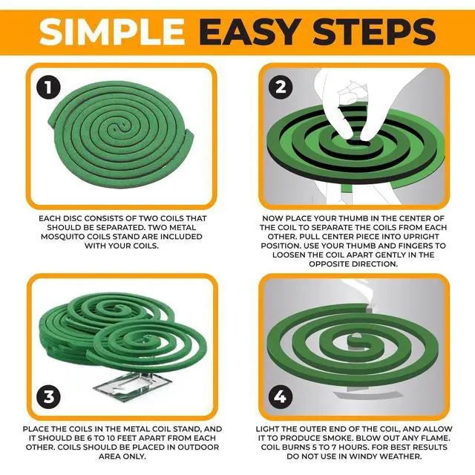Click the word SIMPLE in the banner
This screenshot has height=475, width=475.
[111, 32]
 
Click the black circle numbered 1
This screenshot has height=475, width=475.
[48, 88]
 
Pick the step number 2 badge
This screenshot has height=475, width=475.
[281, 88]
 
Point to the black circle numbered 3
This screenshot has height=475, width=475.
[48, 396]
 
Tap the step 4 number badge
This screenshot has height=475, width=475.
[281, 396]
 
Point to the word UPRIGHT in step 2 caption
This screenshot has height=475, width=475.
[419, 237]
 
